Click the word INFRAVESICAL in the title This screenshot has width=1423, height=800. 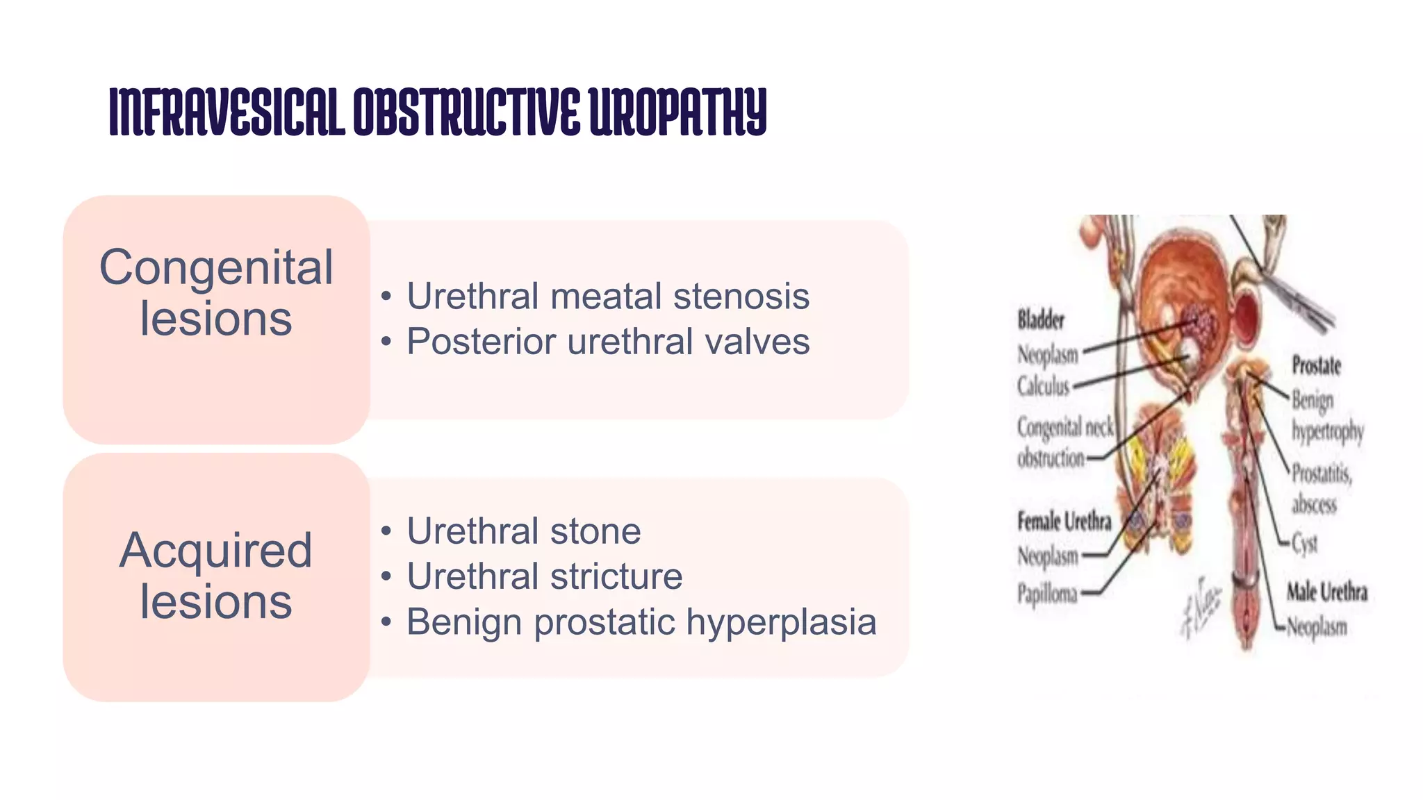coord(227,112)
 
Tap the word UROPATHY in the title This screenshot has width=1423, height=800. coord(678,112)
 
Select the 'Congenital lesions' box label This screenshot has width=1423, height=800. coord(216,292)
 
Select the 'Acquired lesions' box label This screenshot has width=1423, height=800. coord(216,575)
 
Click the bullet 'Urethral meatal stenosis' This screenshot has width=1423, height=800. coord(608,297)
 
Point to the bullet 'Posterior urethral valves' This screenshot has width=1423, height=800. coord(608,342)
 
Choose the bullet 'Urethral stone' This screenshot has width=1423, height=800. coord(523,531)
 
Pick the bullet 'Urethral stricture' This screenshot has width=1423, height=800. coord(544,576)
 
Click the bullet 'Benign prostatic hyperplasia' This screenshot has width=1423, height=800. coord(641,622)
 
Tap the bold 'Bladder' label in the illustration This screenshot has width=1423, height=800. coord(1040,320)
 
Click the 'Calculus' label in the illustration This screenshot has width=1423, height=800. coord(1043,386)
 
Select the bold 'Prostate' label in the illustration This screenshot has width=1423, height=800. coord(1315,365)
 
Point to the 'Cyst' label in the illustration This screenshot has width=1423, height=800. coord(1304,543)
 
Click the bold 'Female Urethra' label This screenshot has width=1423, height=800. coord(1064,521)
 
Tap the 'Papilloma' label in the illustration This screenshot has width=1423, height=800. coord(1047,594)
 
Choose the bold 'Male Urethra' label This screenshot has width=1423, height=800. coord(1326,592)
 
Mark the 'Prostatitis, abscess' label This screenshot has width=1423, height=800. coord(1320,489)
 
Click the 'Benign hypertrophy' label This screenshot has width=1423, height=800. coord(1326,415)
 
